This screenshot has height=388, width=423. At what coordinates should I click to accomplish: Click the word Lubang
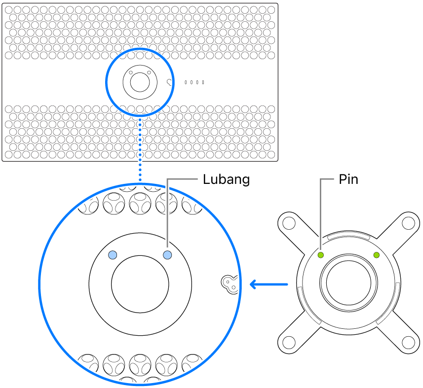pyautogui.click(x=226, y=179)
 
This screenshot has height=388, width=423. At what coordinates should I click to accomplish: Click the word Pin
pyautogui.click(x=348, y=179)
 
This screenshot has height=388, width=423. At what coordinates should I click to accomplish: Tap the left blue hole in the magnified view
pyautogui.click(x=113, y=254)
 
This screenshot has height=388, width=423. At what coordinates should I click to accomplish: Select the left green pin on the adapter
pyautogui.click(x=320, y=255)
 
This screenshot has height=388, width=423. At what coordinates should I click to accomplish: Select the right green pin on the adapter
pyautogui.click(x=377, y=255)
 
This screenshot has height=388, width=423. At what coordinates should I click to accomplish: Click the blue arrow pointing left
pyautogui.click(x=269, y=284)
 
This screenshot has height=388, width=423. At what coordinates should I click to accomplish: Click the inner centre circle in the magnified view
pyautogui.click(x=140, y=283)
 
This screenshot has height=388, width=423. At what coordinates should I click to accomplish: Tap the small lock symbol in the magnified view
pyautogui.click(x=229, y=283)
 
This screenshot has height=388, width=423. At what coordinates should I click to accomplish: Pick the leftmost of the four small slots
pyautogui.click(x=185, y=82)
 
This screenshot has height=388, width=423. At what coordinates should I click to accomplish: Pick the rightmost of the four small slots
pyautogui.click(x=203, y=82)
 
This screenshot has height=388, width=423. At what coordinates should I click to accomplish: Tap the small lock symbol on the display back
pyautogui.click(x=170, y=82)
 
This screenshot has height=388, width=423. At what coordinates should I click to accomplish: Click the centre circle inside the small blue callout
pyautogui.click(x=139, y=83)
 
